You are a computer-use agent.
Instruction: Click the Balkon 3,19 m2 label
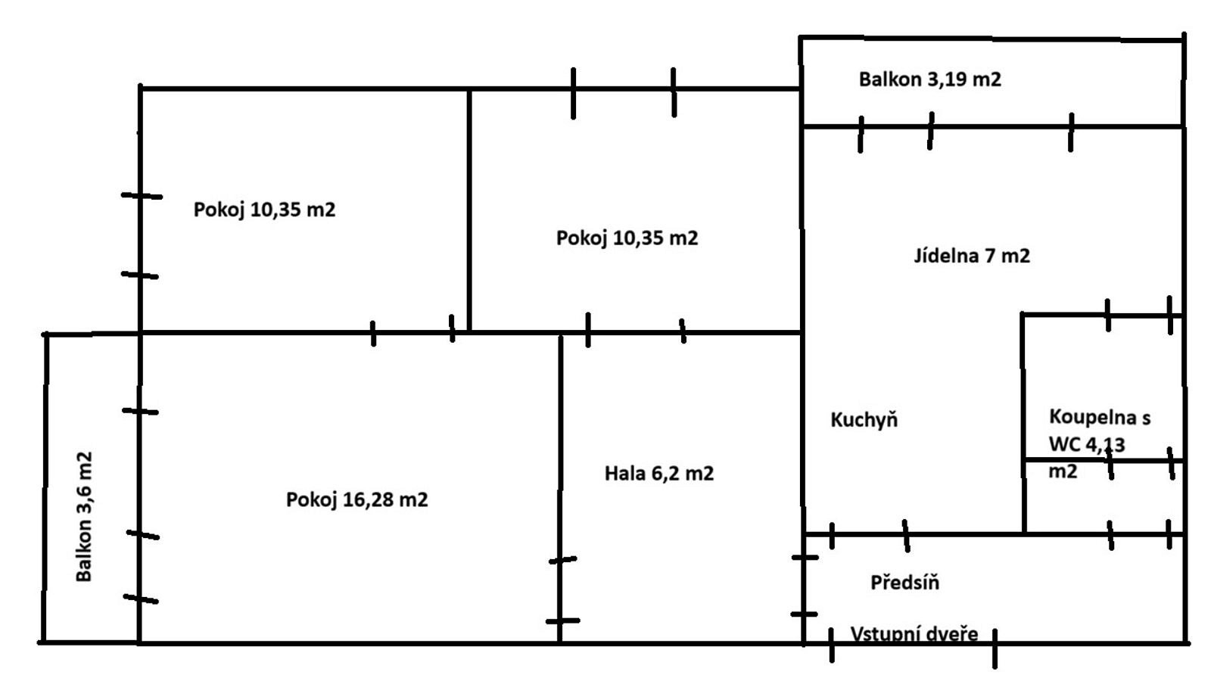(x=930, y=80)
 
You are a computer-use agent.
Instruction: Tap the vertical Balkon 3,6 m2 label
(x=84, y=517)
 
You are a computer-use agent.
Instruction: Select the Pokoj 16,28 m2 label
(x=356, y=500)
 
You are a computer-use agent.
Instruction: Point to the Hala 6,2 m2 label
(x=659, y=474)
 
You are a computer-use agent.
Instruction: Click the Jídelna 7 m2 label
(x=972, y=255)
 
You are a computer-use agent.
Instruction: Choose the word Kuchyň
(x=864, y=420)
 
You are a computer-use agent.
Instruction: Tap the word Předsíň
(x=905, y=582)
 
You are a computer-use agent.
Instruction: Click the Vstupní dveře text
(x=914, y=634)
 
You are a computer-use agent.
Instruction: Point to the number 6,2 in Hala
(x=665, y=474)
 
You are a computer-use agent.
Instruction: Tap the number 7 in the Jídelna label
(x=991, y=256)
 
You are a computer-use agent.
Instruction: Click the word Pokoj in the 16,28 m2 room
(x=311, y=500)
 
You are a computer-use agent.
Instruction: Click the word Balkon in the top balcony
(x=890, y=80)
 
